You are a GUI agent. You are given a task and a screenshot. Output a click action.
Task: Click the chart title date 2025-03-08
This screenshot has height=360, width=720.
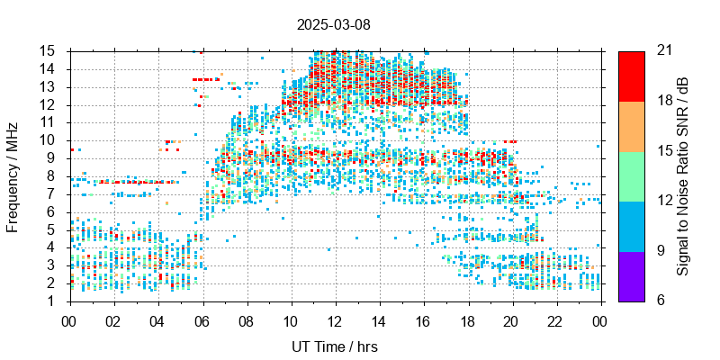pos(333,24)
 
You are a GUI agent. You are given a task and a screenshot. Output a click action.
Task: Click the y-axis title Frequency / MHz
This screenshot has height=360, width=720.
pos(13,175)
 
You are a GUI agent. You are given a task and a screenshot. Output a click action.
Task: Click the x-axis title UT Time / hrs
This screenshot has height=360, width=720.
pos(333,346)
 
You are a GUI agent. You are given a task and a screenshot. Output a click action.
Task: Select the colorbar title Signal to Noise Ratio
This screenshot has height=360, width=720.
pos(684,175)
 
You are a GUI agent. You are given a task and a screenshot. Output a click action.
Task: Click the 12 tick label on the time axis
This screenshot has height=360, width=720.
pos(335,319)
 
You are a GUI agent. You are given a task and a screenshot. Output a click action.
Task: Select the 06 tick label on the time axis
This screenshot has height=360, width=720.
pos(202,319)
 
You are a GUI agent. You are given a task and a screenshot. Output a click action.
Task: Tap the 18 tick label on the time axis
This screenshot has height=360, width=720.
pos(467,319)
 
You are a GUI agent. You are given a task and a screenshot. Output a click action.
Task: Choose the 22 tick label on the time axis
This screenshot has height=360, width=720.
pos(555,319)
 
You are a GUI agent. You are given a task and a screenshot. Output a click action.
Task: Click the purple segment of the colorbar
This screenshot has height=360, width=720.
pos(631,275)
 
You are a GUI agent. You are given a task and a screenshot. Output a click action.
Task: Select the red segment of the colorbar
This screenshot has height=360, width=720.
pos(631,76)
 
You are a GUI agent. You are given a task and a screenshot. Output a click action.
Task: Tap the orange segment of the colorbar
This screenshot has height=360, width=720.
pos(631,126)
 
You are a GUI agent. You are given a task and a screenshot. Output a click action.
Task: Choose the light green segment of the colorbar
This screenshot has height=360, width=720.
pos(631,175)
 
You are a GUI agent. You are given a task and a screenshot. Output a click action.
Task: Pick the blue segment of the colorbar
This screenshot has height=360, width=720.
pos(631,225)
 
